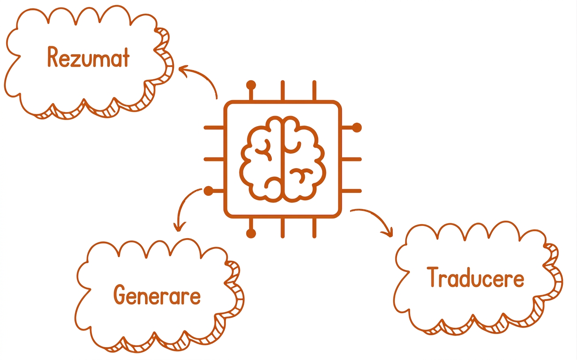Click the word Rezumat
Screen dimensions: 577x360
point(88,57)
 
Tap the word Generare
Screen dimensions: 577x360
point(157,295)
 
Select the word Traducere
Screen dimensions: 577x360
point(476,277)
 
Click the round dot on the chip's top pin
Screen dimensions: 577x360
point(251,85)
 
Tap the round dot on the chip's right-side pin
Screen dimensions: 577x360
point(357,127)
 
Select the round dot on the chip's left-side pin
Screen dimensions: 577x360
point(208,191)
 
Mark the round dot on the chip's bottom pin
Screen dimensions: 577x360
point(251,233)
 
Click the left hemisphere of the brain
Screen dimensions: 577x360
point(260,159)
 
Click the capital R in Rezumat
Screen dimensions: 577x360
point(52,57)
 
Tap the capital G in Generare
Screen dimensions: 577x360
point(120,295)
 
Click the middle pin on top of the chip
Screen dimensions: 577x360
point(283,90)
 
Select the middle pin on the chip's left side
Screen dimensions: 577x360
point(214,159)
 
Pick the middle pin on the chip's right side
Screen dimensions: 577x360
point(352,159)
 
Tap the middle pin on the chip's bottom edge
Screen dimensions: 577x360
point(283,228)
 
